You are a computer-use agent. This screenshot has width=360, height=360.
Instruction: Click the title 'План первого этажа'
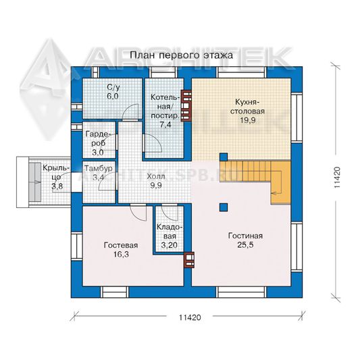coord(182,55)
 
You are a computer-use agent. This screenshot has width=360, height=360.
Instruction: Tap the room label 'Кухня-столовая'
coord(247,107)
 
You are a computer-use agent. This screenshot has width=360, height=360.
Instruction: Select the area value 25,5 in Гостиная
coord(245,245)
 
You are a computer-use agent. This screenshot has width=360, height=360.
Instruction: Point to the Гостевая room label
coord(121,245)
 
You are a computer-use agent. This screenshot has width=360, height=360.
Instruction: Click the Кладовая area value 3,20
coord(170,245)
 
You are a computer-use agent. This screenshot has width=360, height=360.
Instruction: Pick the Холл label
coord(156,176)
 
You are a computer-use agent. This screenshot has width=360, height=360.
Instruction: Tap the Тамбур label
coord(99,168)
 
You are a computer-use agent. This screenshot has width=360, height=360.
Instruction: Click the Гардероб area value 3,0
coord(98,152)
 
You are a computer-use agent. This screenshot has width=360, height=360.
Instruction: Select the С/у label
coord(113,87)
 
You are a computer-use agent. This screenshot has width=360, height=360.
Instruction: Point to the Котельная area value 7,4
coord(165,125)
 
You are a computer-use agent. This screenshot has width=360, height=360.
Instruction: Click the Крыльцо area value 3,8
coord(57,186)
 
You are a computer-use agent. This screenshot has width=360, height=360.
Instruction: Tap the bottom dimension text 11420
coord(190,317)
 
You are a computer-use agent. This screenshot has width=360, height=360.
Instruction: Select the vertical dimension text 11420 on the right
coord(337,178)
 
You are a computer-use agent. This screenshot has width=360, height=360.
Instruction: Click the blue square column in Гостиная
coord(224,207)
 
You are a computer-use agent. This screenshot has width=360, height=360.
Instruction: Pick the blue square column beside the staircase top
coord(224,157)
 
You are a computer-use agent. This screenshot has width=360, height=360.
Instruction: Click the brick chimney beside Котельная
coord(186,105)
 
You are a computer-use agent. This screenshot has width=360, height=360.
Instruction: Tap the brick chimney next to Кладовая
coord(190,260)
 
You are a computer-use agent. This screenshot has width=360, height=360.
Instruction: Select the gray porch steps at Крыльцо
coord(35,182)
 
